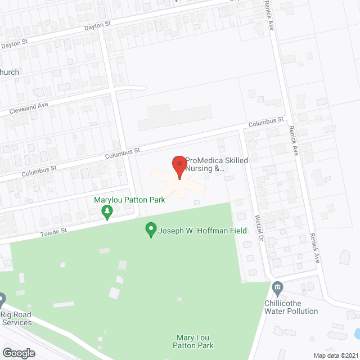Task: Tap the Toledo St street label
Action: pos(53,231)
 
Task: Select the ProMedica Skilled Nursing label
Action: pos(217,164)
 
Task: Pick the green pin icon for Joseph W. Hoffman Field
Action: pos(151,230)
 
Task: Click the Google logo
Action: pos(18,353)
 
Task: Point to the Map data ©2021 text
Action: pos(335,355)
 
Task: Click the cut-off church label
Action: pos(10,72)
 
